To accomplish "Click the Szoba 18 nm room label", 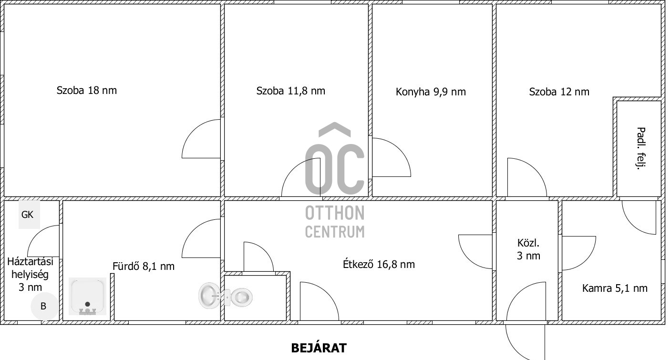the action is [x=87, y=90].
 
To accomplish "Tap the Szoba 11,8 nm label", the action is [x=291, y=91].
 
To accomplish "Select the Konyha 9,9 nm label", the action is [x=431, y=92].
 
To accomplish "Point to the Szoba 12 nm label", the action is [x=559, y=92].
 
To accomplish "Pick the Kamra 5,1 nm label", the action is [x=615, y=288].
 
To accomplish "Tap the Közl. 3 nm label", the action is [x=528, y=249].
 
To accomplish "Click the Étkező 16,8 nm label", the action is [x=379, y=264].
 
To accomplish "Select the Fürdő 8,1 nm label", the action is [x=144, y=266].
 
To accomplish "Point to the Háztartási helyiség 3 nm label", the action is [x=30, y=274].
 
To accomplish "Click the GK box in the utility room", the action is [x=29, y=215].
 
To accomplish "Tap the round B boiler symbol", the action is [x=44, y=306].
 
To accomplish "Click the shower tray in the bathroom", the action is [x=88, y=296].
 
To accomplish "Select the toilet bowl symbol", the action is [x=239, y=297].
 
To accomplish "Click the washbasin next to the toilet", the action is [x=209, y=296].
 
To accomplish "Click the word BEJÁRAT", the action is [x=319, y=348].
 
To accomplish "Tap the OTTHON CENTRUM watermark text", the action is [x=335, y=222].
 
